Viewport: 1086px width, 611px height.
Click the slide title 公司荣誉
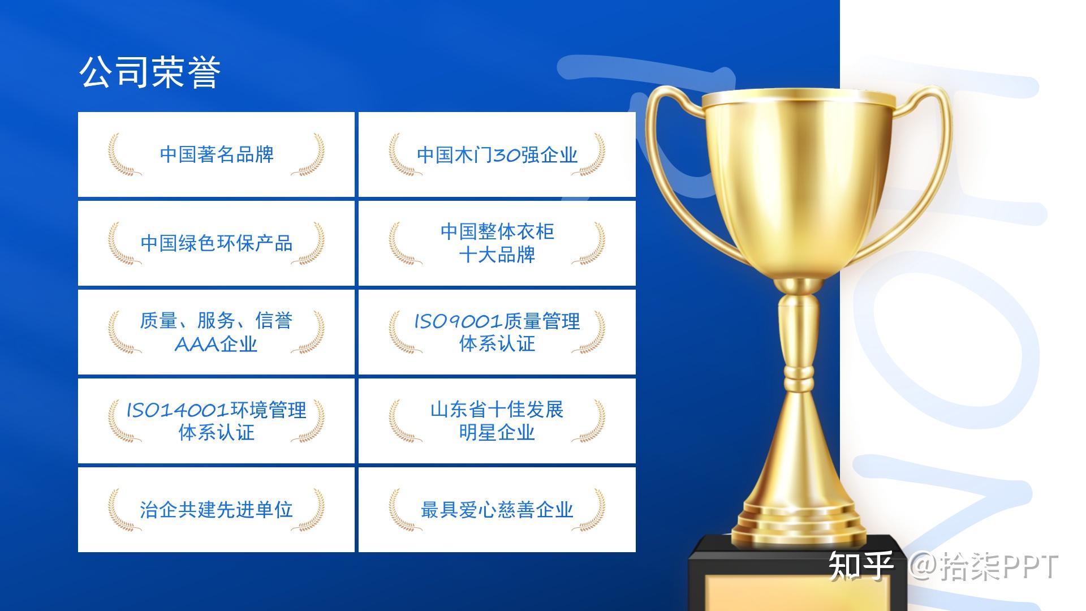coord(150,72)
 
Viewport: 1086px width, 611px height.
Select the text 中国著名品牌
coord(217,154)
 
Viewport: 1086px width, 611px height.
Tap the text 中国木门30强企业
coord(497,154)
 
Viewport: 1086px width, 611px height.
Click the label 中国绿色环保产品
coord(217,243)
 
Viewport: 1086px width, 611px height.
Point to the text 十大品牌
coord(497,255)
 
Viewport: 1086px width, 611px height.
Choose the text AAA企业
coord(217,344)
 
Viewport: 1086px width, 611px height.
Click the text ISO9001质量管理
coord(497,321)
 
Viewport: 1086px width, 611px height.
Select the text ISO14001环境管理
coord(217,410)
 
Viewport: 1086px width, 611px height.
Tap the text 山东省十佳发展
coord(497,410)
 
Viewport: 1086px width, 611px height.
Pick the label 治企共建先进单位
coord(217,510)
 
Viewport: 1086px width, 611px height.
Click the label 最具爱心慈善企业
coord(497,510)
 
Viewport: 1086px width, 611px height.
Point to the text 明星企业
coord(497,433)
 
